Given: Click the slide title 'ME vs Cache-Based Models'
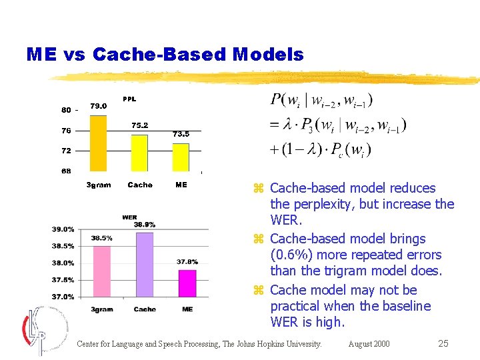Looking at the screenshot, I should tap(165, 55).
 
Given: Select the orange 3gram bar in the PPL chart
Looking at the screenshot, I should tap(98, 143).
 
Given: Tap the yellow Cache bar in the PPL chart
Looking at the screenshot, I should tap(139, 153).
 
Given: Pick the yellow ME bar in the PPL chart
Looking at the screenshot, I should tap(181, 157).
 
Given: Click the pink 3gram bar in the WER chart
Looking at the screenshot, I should tap(102, 271).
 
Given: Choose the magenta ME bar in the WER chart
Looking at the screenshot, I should tap(187, 283).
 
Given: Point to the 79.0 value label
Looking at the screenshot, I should tap(99, 106).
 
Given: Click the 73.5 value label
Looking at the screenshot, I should tap(181, 134).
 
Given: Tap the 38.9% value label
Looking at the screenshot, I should tap(144, 225).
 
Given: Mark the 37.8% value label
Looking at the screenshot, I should tap(187, 262).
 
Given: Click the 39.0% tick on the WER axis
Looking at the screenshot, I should tap(63, 229).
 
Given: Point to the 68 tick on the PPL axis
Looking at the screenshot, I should tap(66, 171).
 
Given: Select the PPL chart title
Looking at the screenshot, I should tap(129, 99).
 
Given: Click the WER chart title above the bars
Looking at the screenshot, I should tap(129, 217).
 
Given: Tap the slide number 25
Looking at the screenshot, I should tap(443, 344).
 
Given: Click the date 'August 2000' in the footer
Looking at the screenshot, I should tap(369, 344).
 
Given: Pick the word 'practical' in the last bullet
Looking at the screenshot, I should tap(297, 306).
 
